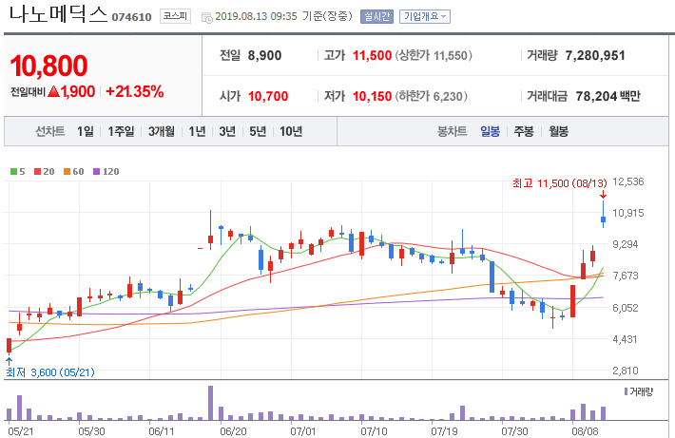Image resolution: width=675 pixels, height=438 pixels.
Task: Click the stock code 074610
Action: point(132,17)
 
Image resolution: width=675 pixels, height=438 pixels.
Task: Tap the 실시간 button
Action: point(376,16)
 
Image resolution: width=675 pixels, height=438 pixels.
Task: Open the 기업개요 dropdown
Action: point(424,16)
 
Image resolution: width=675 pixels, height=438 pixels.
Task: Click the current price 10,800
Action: point(49,66)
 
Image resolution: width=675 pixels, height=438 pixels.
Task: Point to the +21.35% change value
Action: point(135,91)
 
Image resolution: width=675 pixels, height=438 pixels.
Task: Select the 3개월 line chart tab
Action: point(162,131)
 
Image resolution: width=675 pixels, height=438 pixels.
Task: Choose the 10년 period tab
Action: point(291,131)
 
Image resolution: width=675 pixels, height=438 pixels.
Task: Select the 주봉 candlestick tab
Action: point(524,131)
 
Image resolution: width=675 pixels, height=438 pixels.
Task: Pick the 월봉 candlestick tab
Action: point(558,131)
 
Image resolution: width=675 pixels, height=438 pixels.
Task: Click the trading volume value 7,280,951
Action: point(595,55)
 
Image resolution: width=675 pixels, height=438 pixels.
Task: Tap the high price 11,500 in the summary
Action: point(373,55)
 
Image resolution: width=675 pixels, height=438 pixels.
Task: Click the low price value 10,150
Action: point(373,96)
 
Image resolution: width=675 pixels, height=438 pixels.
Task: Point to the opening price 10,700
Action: point(268,96)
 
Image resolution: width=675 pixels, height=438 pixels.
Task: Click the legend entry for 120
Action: point(106,172)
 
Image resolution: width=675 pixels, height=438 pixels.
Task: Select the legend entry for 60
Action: point(73,172)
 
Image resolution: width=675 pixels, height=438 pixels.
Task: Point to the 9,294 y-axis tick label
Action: point(626,244)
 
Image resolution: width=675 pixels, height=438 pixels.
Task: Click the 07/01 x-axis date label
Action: point(303,431)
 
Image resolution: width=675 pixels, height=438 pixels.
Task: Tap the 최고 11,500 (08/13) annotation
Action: point(560,183)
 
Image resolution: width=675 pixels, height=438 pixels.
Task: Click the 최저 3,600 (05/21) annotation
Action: point(50,372)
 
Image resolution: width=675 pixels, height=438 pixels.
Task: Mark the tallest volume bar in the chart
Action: point(210,403)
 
